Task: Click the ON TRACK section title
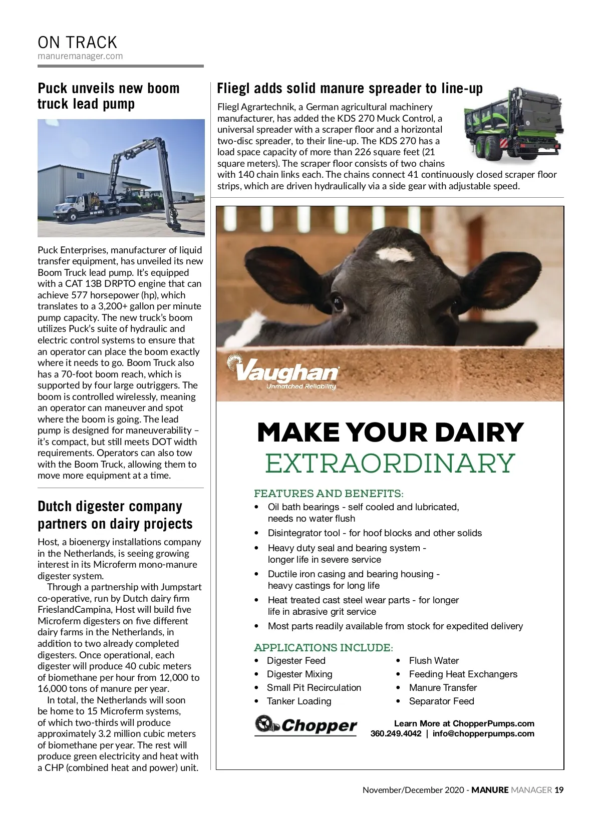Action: pyautogui.click(x=77, y=42)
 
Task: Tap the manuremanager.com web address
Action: pyautogui.click(x=80, y=56)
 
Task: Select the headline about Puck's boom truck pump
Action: pyautogui.click(x=108, y=96)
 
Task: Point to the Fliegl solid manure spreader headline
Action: pyautogui.click(x=350, y=89)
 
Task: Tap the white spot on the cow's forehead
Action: pyautogui.click(x=396, y=255)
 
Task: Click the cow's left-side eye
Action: pyautogui.click(x=338, y=302)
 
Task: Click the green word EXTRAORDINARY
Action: pyautogui.click(x=390, y=463)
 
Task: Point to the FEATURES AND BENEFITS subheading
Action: pyautogui.click(x=329, y=494)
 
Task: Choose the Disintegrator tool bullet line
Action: pyautogui.click(x=375, y=533)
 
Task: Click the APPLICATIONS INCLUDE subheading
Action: pyautogui.click(x=324, y=648)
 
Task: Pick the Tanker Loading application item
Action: pyautogui.click(x=299, y=701)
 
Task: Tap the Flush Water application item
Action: pyautogui.click(x=434, y=661)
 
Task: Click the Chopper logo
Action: pyautogui.click(x=306, y=725)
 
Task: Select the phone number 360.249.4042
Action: pyautogui.click(x=396, y=734)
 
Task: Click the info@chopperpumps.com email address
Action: pyautogui.click(x=483, y=734)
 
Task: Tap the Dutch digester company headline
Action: pyautogui.click(x=115, y=515)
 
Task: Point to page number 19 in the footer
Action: pyautogui.click(x=559, y=790)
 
